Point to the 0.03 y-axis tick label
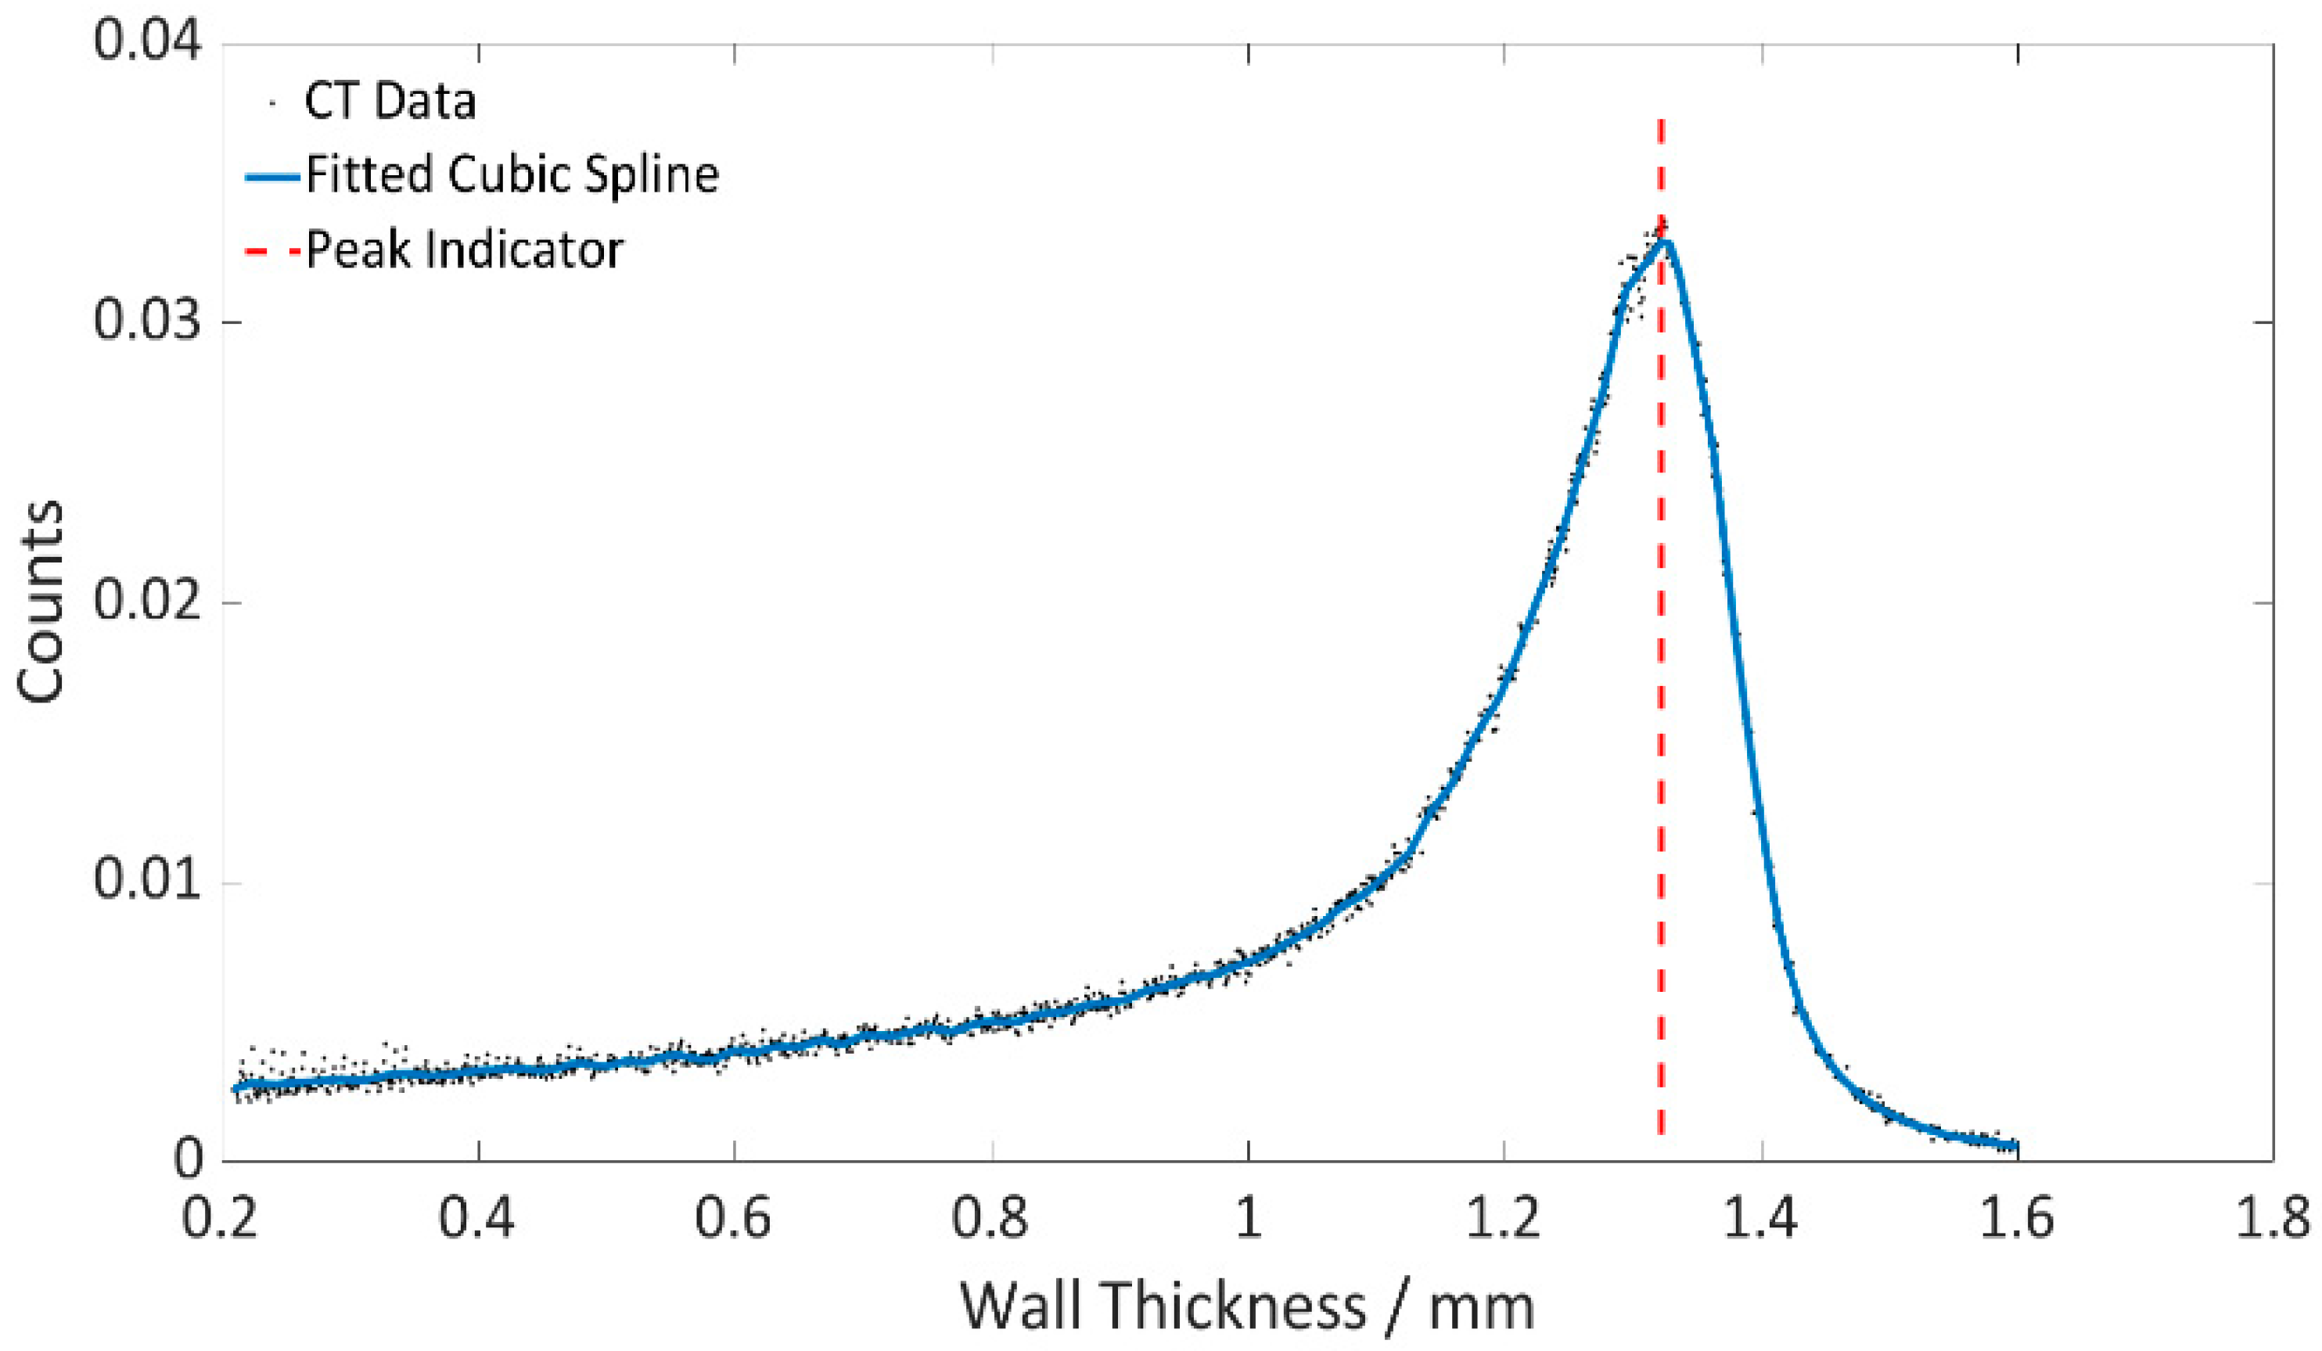click(147, 322)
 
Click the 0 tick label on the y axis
click(189, 1160)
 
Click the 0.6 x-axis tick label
click(734, 1218)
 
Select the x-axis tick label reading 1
click(1248, 1218)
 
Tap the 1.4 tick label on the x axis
click(1761, 1218)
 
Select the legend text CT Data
click(390, 102)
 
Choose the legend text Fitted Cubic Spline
click(512, 174)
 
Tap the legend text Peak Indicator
click(465, 249)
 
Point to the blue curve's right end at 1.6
click(2016, 1146)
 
